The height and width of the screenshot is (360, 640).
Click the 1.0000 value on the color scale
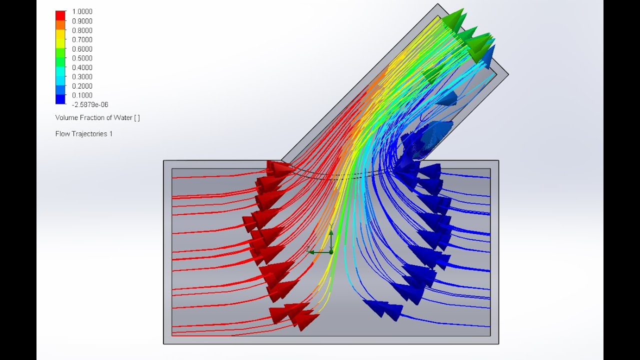[x=82, y=11]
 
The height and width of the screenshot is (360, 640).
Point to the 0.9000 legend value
[x=82, y=21]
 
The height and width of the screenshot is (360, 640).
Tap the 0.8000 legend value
[x=82, y=30]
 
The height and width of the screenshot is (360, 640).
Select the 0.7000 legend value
[x=82, y=39]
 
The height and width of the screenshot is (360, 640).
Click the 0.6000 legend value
[x=82, y=49]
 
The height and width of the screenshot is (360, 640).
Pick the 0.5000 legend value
[x=82, y=58]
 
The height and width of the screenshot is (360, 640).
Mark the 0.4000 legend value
[x=82, y=67]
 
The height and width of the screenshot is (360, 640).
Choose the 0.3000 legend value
[x=82, y=76]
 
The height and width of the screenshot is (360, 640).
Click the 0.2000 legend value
[x=82, y=86]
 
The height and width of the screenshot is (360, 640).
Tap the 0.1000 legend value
[x=82, y=95]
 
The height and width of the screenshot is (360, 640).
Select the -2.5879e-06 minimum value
[x=90, y=104]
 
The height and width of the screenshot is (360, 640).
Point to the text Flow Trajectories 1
[x=83, y=133]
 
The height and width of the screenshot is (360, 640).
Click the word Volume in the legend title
[x=66, y=117]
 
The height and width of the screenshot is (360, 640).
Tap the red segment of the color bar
[x=60, y=14]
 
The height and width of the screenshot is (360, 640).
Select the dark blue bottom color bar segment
[x=60, y=99]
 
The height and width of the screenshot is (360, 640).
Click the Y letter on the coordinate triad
[x=331, y=226]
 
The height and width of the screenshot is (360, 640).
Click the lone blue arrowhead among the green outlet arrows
[x=489, y=54]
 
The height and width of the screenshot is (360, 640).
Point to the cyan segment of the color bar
[x=60, y=76]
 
